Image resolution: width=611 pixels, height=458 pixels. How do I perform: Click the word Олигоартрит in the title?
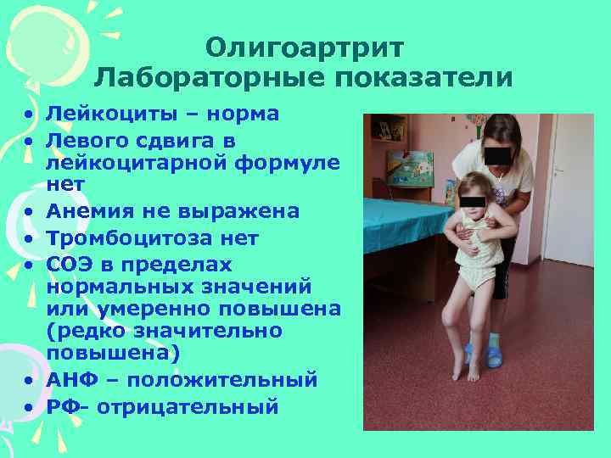305,48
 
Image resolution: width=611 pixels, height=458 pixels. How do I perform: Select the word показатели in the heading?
424,79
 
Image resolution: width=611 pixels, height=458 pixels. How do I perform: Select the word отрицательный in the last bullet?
188,407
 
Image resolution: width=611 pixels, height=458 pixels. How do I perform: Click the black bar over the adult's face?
496,155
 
